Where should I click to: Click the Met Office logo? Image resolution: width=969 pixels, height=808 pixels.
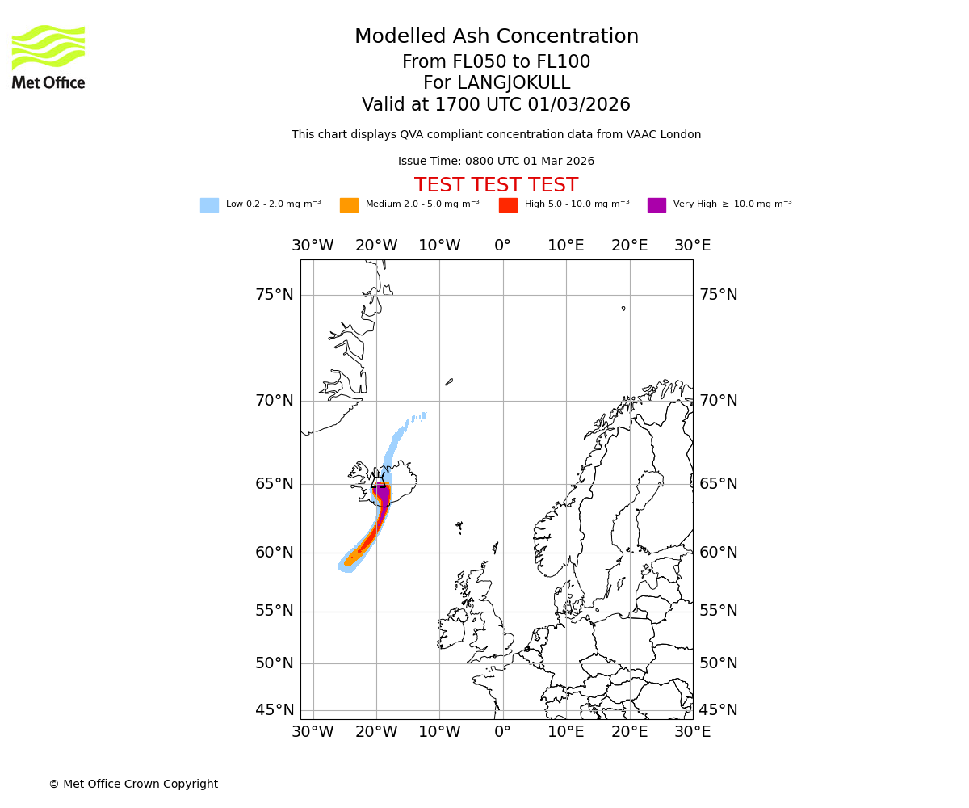pos(48,57)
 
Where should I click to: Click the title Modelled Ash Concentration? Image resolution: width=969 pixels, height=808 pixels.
pos(496,36)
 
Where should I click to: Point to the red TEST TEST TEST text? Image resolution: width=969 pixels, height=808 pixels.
pos(496,185)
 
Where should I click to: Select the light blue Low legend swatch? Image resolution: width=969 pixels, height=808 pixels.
pos(209,205)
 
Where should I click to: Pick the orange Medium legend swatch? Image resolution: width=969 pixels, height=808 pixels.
pos(349,205)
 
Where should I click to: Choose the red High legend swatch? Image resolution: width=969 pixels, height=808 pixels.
pos(508,205)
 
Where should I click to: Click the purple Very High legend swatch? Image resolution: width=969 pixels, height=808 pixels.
pos(656,205)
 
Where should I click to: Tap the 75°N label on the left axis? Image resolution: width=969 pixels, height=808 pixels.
pos(275,295)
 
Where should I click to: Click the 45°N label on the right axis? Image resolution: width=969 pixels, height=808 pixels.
pos(718,710)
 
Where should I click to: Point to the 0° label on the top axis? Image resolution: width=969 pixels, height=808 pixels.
pos(502,246)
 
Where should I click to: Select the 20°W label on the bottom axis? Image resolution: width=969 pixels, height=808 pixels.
pos(376,732)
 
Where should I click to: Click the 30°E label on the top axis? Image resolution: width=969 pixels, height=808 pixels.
pos(692,246)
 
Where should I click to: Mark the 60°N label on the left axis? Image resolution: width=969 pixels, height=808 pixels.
pos(275,553)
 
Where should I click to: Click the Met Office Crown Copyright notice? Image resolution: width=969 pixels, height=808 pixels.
pos(133,784)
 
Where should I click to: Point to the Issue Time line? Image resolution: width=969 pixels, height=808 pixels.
pos(496,162)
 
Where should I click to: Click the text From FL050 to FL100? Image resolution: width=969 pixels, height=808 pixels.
pos(496,62)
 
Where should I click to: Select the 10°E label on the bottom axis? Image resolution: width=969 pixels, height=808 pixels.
pos(566,732)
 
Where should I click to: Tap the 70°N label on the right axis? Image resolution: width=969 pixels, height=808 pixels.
pos(718,401)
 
